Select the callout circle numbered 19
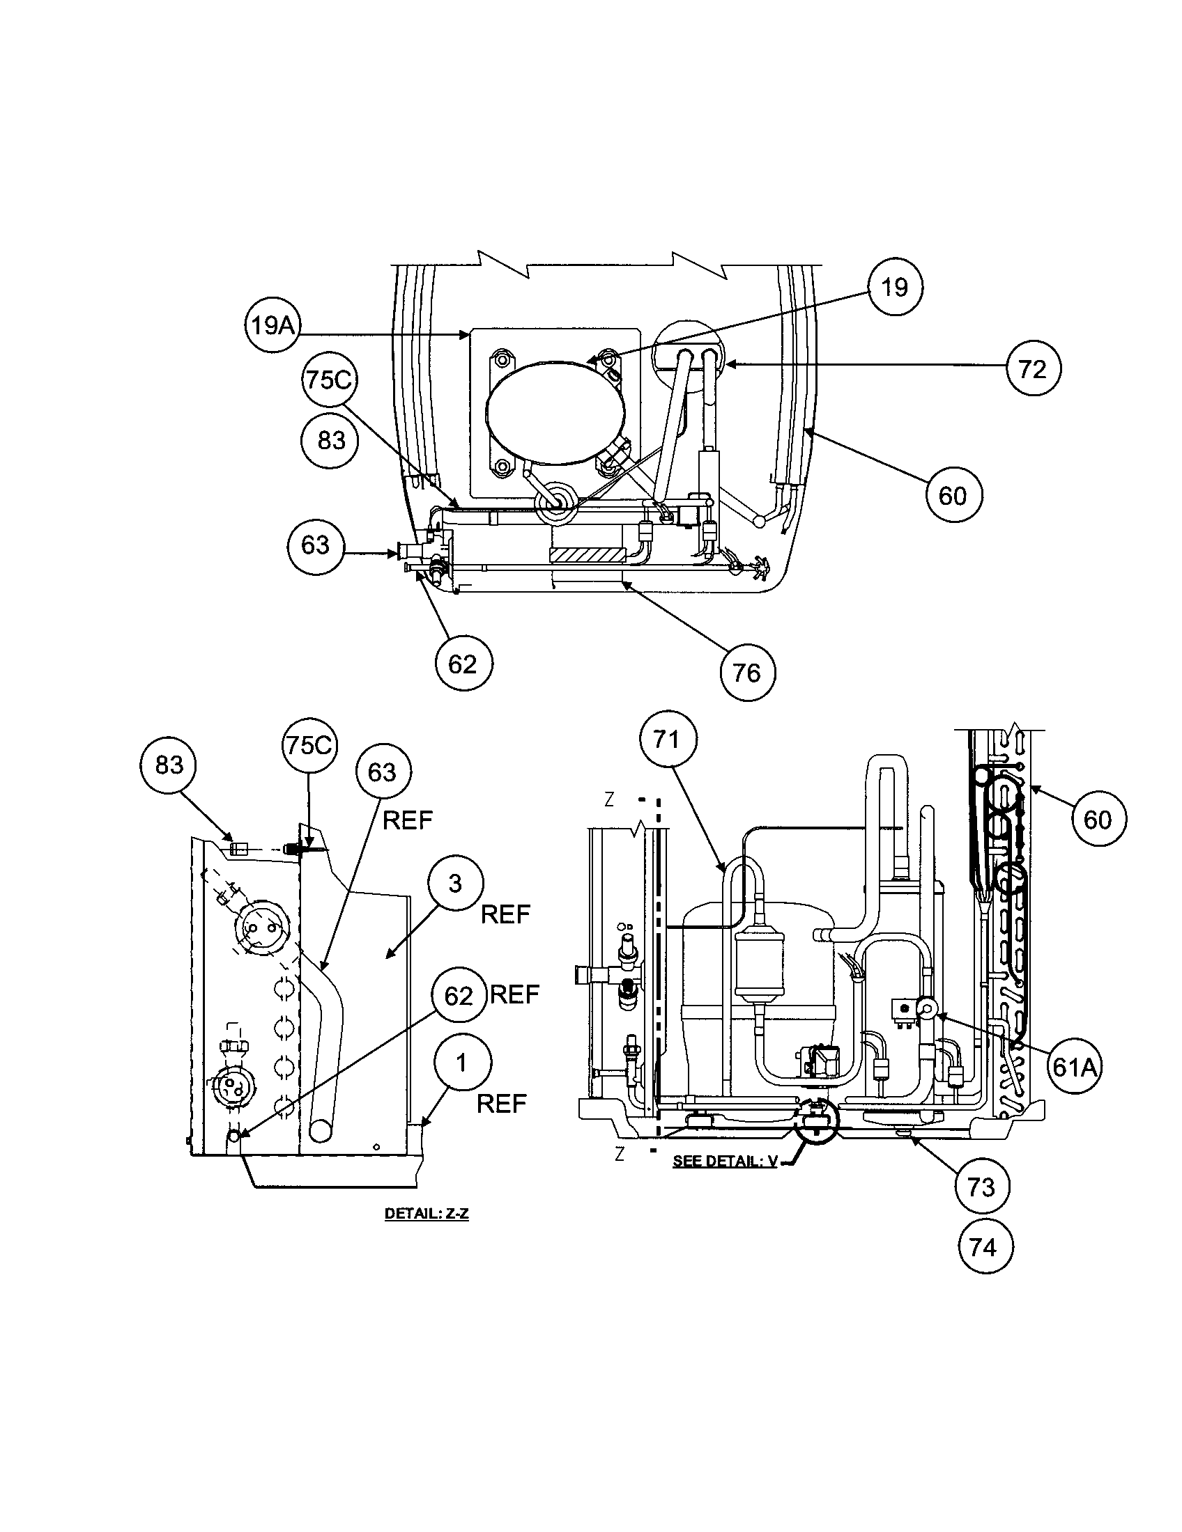[x=895, y=288]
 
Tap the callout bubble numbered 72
[x=1032, y=369]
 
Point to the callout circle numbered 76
[x=747, y=673]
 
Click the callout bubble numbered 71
[x=667, y=739]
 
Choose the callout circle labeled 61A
[x=1074, y=1067]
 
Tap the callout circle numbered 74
[x=984, y=1247]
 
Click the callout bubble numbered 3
[x=456, y=884]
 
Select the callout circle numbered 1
[x=462, y=1063]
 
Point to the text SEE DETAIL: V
[x=724, y=1162]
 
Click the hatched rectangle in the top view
[x=587, y=556]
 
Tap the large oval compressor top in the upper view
[x=556, y=412]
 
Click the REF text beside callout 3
[x=505, y=915]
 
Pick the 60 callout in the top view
[x=953, y=497]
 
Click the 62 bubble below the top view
[x=463, y=664]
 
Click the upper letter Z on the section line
[x=608, y=799]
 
